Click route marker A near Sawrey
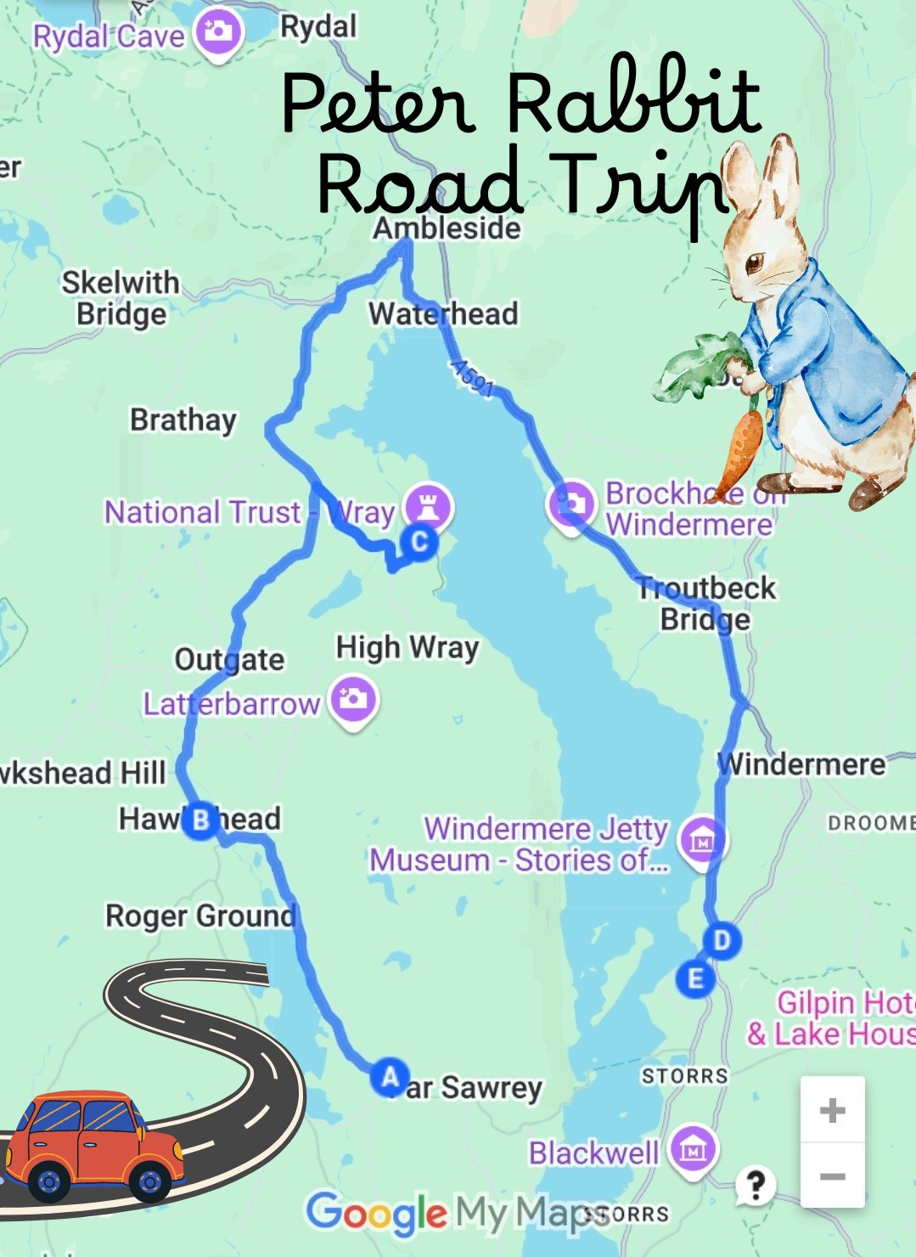tap(390, 1077)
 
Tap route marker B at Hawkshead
tap(200, 820)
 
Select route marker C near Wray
tap(419, 541)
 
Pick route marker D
tap(722, 940)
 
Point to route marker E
tap(694, 978)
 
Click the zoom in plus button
tap(832, 1110)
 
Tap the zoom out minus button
tap(832, 1176)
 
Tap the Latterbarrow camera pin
tap(353, 700)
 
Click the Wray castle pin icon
tap(428, 507)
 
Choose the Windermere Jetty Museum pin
tap(702, 841)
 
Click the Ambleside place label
tap(447, 228)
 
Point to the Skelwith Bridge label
tap(121, 298)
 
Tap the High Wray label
tap(407, 647)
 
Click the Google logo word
tap(376, 1213)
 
